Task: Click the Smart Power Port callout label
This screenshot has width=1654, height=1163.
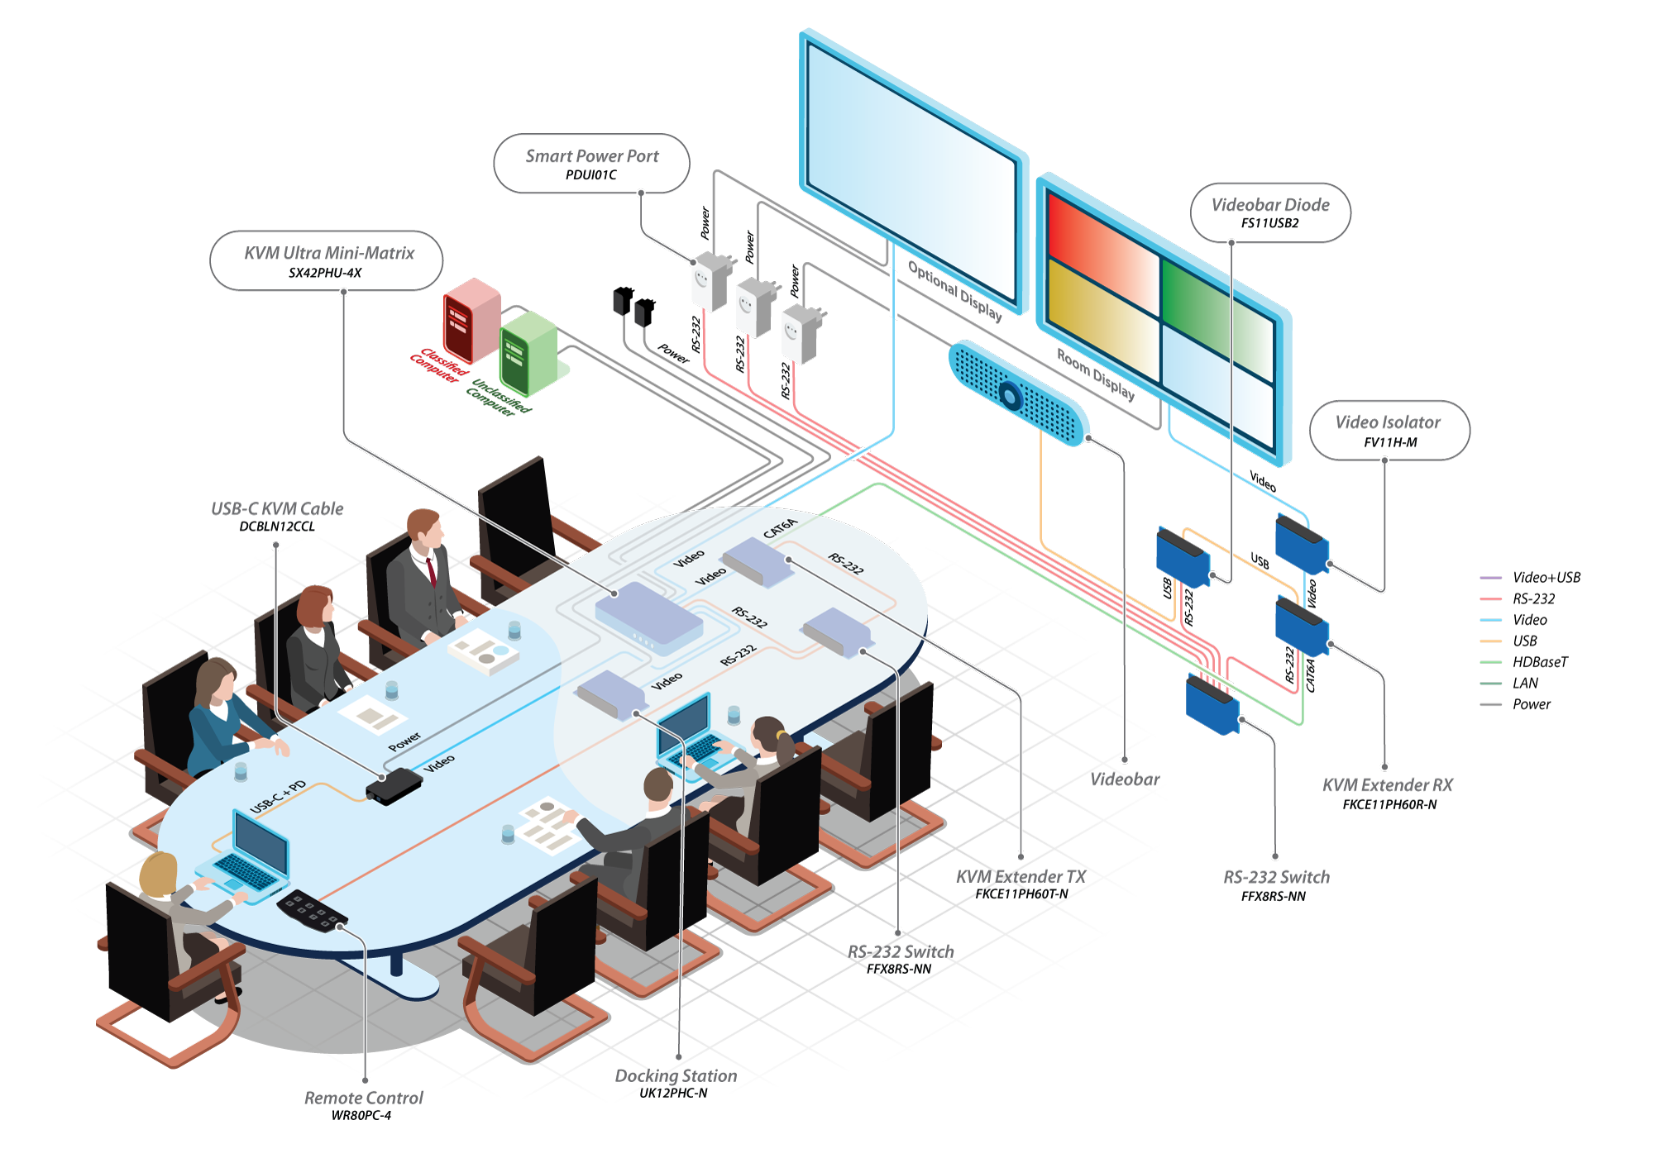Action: click(591, 157)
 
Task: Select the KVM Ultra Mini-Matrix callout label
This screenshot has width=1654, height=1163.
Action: click(328, 254)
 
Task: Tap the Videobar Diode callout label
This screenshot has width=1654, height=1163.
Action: click(1270, 206)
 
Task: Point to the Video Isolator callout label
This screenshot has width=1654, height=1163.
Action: click(1388, 423)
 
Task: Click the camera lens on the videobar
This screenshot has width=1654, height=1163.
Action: click(1010, 397)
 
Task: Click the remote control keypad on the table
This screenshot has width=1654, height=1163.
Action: click(312, 910)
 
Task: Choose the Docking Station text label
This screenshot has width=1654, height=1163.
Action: click(676, 1076)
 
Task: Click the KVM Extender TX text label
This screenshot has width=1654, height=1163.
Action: click(1021, 877)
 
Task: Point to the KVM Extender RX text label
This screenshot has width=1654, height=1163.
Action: click(1387, 785)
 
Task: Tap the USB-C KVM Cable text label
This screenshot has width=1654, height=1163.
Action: click(277, 509)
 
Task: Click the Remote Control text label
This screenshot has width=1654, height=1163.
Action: click(363, 1099)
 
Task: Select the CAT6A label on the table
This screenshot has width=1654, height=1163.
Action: click(780, 528)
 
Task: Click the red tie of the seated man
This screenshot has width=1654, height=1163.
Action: click(431, 570)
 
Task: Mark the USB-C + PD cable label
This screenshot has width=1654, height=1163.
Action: click(278, 796)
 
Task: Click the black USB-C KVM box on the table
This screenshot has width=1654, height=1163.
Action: click(394, 785)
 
